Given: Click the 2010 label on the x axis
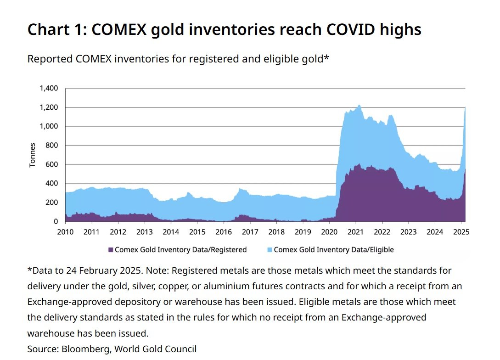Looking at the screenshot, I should pyautogui.click(x=65, y=232).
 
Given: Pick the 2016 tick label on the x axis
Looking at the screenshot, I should pyautogui.click(x=224, y=232).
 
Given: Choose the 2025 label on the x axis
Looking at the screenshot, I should pyautogui.click(x=461, y=232).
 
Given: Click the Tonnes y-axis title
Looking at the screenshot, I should pyautogui.click(x=33, y=155).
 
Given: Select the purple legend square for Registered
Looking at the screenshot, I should pyautogui.click(x=110, y=250).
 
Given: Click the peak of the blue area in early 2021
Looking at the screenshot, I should pyautogui.click(x=359, y=105).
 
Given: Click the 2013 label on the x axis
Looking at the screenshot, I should pyautogui.click(x=144, y=232).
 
